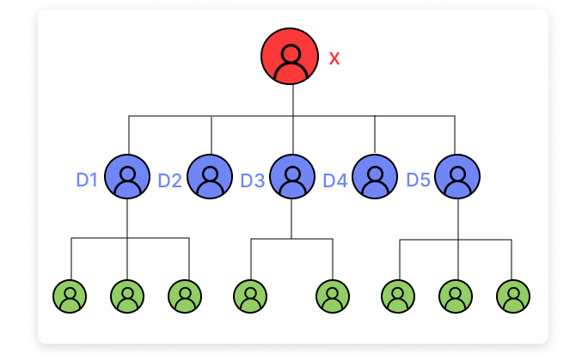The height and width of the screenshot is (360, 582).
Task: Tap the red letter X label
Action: point(334,58)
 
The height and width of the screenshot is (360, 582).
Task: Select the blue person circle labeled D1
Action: point(127,177)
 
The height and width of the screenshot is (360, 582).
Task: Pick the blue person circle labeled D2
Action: point(210,177)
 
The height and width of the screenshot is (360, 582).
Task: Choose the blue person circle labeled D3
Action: point(292,177)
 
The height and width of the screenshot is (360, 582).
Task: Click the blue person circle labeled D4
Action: point(375,177)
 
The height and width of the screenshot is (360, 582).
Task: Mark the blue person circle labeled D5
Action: point(456,177)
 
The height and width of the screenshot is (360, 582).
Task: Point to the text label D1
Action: point(87,180)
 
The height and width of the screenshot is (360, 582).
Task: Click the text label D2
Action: point(169,180)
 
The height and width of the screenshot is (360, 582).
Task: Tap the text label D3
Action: point(253,180)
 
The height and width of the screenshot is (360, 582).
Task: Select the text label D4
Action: point(335,180)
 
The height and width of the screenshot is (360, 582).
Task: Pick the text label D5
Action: point(418,180)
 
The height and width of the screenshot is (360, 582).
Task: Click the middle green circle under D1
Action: point(127,296)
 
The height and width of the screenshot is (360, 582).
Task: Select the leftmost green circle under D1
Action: point(70,296)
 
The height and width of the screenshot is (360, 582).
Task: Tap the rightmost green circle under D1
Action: point(184,296)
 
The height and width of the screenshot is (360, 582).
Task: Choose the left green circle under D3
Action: point(250,296)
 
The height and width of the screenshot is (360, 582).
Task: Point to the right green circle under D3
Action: point(333,296)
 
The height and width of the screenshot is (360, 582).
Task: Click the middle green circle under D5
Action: point(456,296)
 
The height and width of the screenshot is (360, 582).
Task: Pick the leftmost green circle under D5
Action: point(398,296)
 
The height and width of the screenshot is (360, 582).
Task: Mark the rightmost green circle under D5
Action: point(513,296)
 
